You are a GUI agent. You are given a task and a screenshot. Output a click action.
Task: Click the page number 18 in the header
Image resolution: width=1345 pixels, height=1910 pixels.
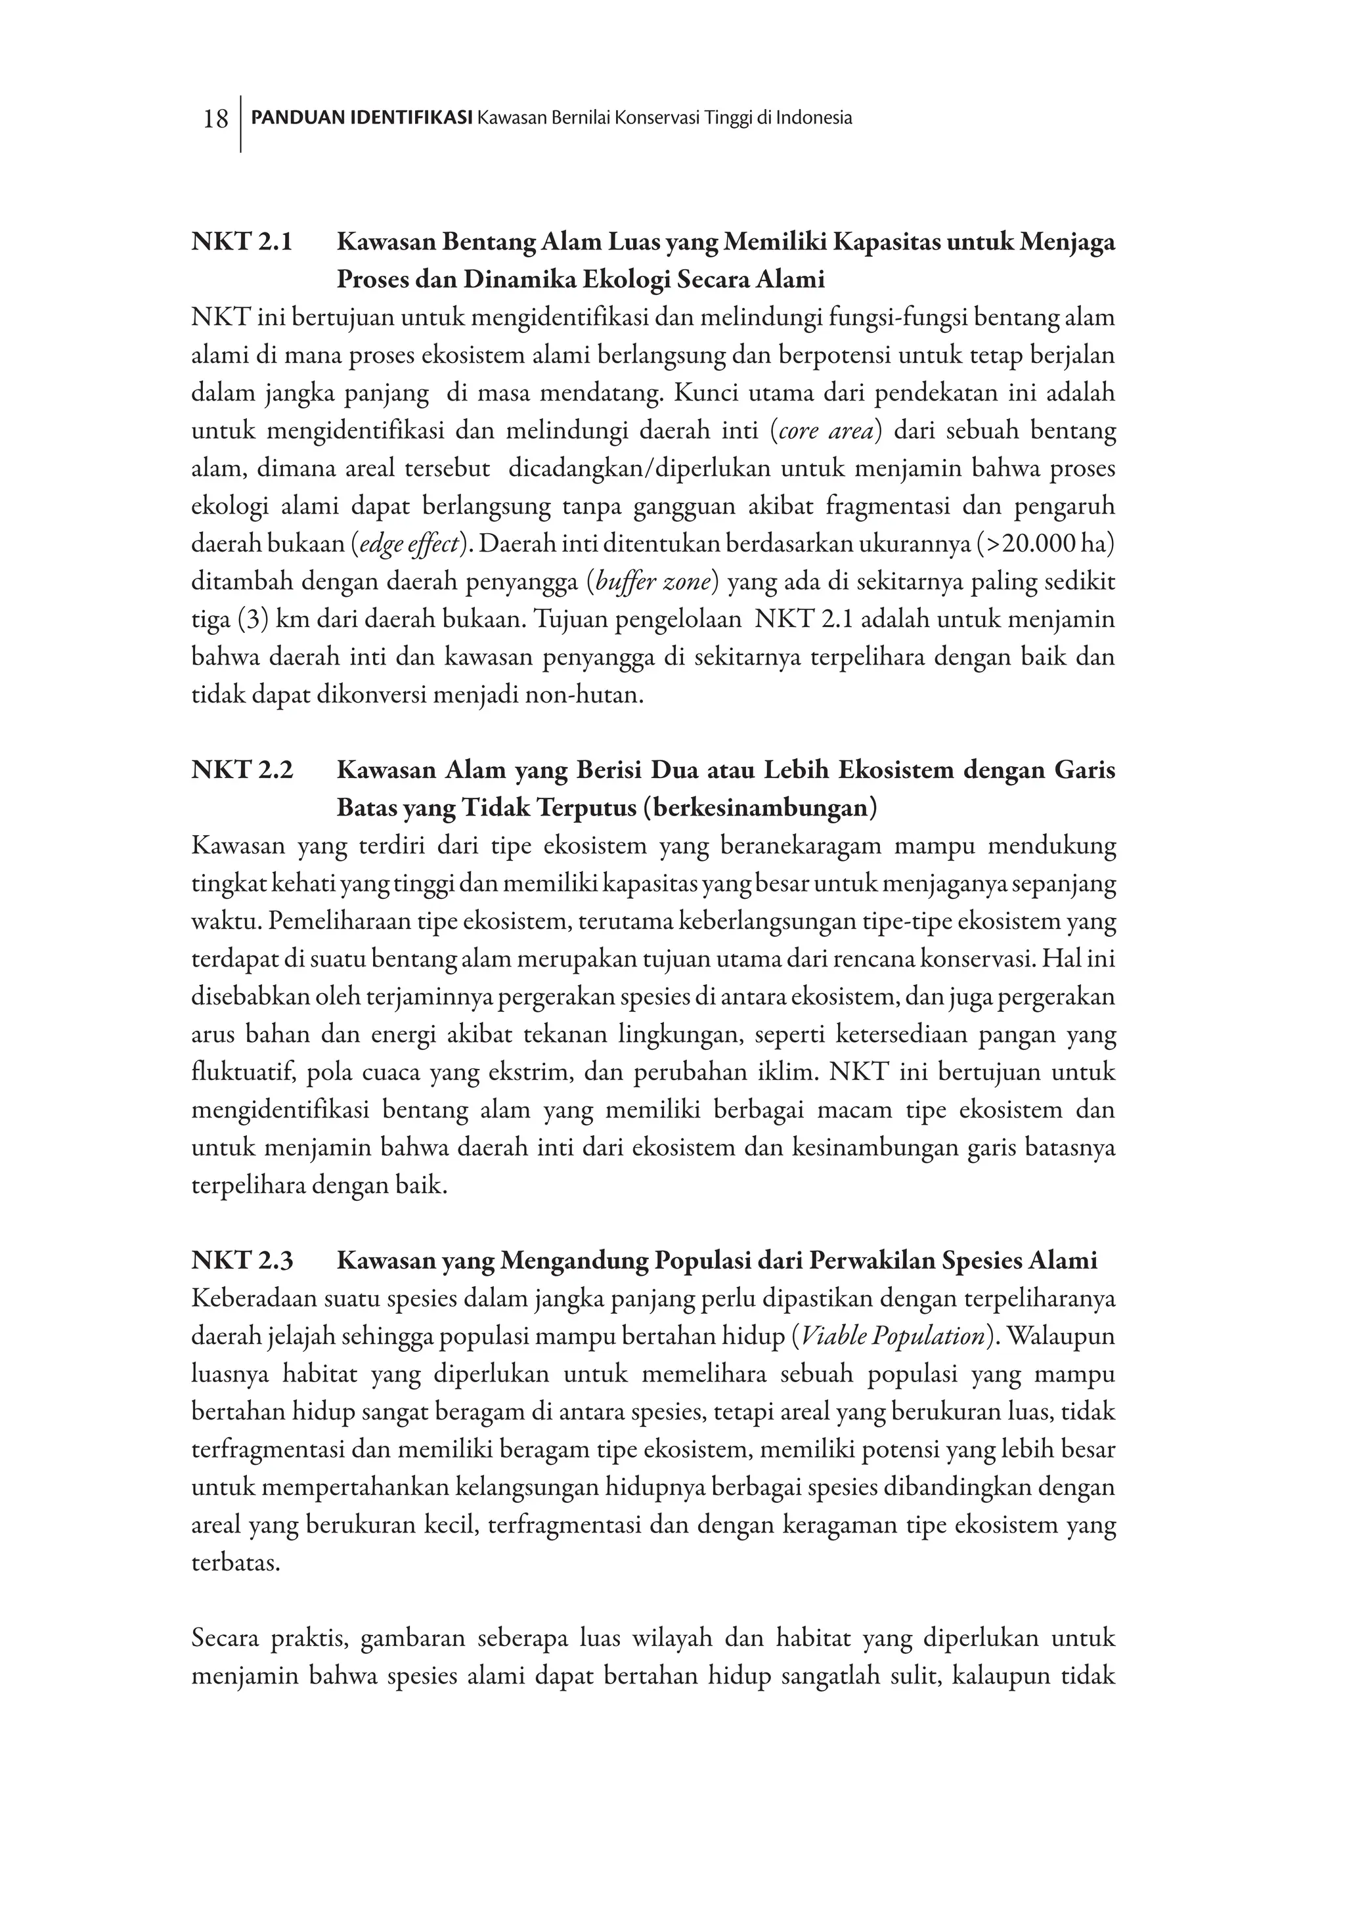click(215, 119)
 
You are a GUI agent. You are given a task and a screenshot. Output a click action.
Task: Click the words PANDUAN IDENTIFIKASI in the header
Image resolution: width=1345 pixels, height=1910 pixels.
click(362, 118)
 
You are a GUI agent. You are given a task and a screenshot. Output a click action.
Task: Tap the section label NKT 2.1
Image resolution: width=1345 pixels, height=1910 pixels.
click(242, 243)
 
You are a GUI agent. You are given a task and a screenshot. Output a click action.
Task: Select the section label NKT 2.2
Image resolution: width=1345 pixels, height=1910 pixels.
click(242, 770)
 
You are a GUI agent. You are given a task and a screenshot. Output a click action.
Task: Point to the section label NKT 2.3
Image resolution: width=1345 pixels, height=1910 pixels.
click(242, 1261)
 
